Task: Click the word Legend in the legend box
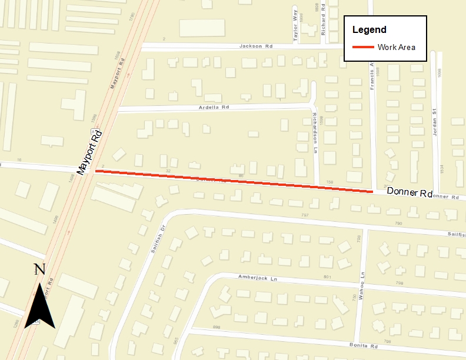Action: pyautogui.click(x=369, y=30)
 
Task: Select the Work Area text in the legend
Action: pyautogui.click(x=397, y=47)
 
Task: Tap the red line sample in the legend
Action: pyautogui.click(x=363, y=47)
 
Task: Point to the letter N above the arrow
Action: pyautogui.click(x=39, y=269)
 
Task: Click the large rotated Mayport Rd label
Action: pyautogui.click(x=90, y=151)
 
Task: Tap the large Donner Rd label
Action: pyautogui.click(x=410, y=193)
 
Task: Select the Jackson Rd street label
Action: pyautogui.click(x=254, y=46)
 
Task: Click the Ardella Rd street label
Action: pyautogui.click(x=212, y=108)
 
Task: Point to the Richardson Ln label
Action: pyautogui.click(x=315, y=133)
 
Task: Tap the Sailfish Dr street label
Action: pyautogui.click(x=157, y=238)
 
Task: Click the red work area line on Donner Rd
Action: pyautogui.click(x=235, y=181)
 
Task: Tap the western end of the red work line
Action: pyautogui.click(x=96, y=172)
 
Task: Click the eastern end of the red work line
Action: pyautogui.click(x=372, y=191)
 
